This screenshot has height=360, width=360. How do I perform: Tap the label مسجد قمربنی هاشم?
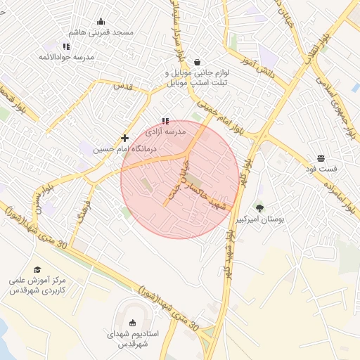(x=102, y=33)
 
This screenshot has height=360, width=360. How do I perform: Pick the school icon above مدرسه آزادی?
(x=165, y=121)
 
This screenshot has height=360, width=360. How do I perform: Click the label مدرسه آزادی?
(x=165, y=131)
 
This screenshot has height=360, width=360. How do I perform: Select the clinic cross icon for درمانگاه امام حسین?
(x=124, y=139)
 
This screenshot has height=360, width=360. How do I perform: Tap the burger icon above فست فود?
(x=321, y=157)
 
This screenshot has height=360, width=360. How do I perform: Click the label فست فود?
(x=321, y=169)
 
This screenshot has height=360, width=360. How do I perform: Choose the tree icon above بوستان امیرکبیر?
(x=260, y=208)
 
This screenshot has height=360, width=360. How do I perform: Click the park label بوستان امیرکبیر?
(x=261, y=220)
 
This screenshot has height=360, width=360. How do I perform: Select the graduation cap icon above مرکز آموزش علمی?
(x=37, y=269)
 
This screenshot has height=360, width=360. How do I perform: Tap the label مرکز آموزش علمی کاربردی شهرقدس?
(x=37, y=285)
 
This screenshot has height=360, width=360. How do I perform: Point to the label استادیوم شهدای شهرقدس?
(x=133, y=339)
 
